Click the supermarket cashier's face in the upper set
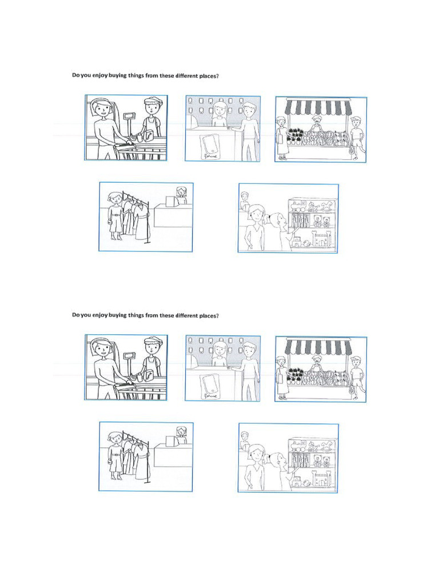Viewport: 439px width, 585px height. pos(152,107)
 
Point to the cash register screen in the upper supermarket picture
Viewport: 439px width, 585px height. pos(129,117)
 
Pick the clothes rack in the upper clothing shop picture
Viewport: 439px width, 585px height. pos(135,217)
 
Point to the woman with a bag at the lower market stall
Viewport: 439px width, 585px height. pos(281,377)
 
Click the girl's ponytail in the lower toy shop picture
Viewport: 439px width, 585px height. pos(281,458)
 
